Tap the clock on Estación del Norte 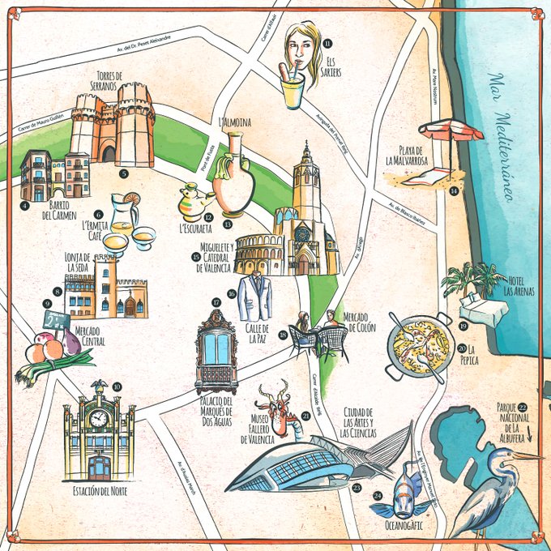point(98,418)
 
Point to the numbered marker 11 point(327,43)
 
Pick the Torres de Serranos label point(113,79)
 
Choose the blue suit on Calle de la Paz point(256,296)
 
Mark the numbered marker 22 point(523,407)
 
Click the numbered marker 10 point(117,387)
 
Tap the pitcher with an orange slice point(124,215)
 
